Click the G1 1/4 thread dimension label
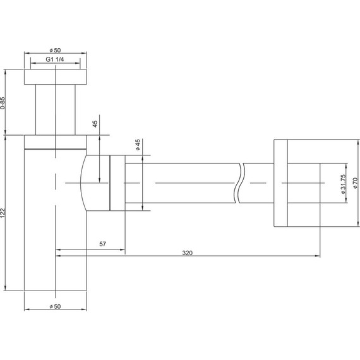click(55, 59)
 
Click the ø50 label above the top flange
click(55, 50)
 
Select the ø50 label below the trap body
click(55, 306)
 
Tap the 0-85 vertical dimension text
click(3, 103)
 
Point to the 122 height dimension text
click(3, 213)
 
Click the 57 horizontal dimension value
click(102, 244)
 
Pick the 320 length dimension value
click(188, 253)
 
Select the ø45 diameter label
click(138, 145)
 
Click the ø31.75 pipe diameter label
click(343, 184)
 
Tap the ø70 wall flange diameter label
click(355, 183)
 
